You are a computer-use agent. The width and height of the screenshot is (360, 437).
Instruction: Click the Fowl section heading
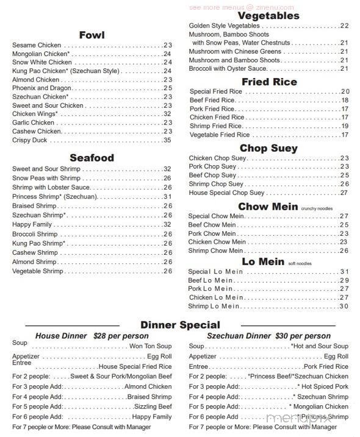pos(92,35)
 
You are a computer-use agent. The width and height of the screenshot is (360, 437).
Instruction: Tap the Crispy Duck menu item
pos(29,140)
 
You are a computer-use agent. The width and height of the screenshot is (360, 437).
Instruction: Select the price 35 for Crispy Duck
pos(167,140)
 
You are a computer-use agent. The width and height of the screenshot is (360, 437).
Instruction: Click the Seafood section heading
pos(92,158)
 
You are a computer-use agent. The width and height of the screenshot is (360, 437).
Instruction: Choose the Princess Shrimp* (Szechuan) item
pos(54,197)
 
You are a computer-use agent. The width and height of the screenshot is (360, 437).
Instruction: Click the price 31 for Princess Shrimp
pos(167,197)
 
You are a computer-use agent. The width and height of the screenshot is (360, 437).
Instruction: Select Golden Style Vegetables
pos(225,26)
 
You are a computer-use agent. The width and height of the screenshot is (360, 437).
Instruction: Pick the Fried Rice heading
pos(269,82)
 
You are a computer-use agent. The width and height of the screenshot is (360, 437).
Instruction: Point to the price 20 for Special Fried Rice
pos(345,91)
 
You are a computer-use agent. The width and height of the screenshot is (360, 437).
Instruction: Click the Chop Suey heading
pos(268,148)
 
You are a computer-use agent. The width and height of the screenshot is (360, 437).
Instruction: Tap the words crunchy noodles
pos(317,208)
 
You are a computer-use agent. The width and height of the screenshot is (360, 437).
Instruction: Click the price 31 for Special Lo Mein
pos(344,271)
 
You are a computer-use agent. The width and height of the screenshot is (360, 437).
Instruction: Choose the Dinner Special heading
pos(180,325)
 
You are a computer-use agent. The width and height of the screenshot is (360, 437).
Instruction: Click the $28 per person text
pos(121,336)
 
